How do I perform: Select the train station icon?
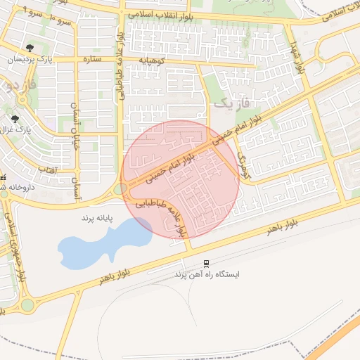206,263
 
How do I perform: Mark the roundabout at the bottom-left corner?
27,305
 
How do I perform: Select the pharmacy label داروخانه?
11,186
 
